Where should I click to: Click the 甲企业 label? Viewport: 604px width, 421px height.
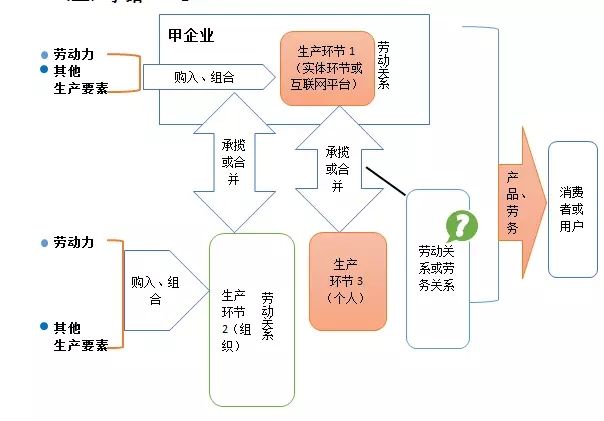click(x=192, y=36)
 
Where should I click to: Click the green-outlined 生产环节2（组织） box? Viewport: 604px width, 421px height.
click(x=251, y=318)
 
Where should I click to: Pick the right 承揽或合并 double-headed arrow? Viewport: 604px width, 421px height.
click(x=337, y=170)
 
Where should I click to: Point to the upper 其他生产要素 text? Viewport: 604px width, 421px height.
click(x=80, y=78)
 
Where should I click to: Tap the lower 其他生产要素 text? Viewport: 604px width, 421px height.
click(x=81, y=336)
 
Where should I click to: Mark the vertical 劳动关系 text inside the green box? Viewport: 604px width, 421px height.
click(x=268, y=317)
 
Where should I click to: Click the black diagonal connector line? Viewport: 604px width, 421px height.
click(x=387, y=182)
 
